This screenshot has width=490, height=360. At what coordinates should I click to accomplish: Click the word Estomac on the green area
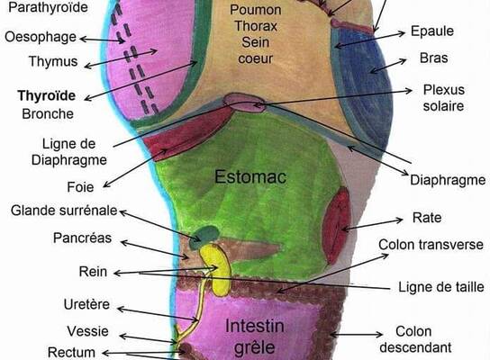[250, 176]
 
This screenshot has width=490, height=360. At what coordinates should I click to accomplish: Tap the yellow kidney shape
[216, 269]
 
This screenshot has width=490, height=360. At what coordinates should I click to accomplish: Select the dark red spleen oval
[336, 225]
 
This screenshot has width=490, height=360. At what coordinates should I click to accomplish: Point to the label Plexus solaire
[443, 98]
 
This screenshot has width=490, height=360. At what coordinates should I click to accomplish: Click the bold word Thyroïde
[47, 95]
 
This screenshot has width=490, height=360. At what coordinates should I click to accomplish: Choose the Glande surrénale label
[64, 211]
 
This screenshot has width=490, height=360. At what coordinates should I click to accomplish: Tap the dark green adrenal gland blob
[204, 237]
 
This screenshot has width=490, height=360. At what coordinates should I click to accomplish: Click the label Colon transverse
[431, 245]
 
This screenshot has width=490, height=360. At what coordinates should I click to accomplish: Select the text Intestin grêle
[255, 337]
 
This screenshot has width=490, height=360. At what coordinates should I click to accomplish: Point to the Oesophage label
[41, 37]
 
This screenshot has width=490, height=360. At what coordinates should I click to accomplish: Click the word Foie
[80, 187]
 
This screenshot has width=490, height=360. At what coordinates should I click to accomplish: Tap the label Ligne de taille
[441, 286]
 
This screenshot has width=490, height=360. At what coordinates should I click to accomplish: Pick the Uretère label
[86, 304]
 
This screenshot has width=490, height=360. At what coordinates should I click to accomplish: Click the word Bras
[434, 58]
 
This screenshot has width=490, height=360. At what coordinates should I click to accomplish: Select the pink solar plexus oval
[245, 103]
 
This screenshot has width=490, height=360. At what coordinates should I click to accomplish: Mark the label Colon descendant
[415, 339]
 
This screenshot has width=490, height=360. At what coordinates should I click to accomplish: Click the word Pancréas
[82, 238]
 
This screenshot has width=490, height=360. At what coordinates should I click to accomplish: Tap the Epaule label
[432, 31]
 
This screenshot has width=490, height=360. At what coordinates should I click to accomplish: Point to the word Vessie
[87, 331]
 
